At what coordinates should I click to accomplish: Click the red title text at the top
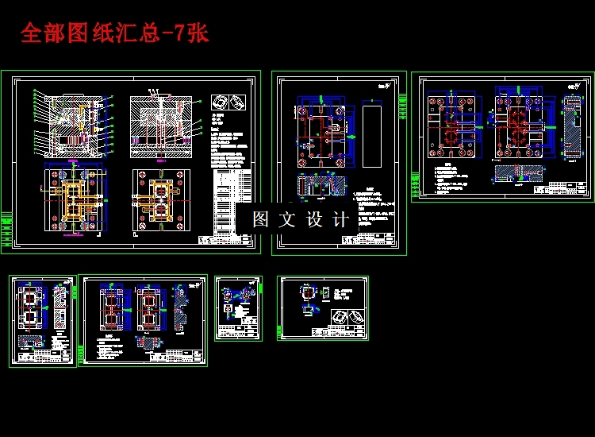pos(114,33)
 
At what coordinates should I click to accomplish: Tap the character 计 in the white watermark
pos(341,220)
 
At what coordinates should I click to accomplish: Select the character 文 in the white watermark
pos(287,220)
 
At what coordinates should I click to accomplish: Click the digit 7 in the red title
pos(179,33)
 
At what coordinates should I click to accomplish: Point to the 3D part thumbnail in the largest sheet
pos(229,102)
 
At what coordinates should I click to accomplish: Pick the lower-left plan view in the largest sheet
pos(72,200)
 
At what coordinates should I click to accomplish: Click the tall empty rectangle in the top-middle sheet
pos(371,135)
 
